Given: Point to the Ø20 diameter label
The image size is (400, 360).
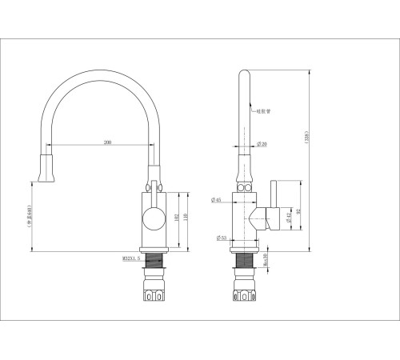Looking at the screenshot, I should click(262, 143).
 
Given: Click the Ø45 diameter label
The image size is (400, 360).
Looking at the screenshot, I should click(217, 200).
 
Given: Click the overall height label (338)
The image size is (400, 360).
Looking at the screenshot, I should click(307, 137).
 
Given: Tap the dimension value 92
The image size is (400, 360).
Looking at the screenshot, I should click(299, 211).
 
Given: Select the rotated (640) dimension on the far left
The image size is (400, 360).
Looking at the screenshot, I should click(29, 214).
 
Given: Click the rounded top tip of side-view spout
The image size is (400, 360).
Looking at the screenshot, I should click(244, 76).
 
